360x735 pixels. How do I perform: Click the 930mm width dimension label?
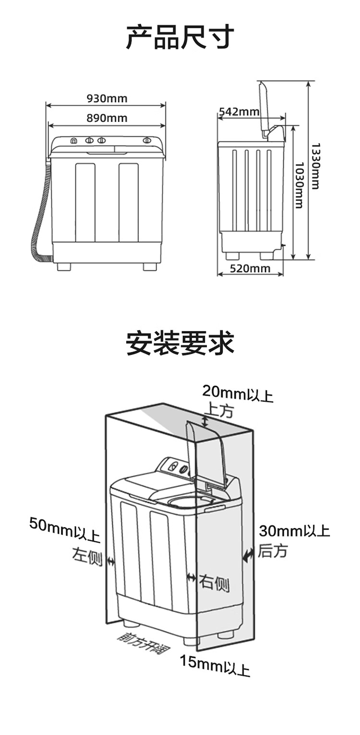pyautogui.click(x=107, y=98)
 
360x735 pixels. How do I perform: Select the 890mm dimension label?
pyautogui.click(x=107, y=118)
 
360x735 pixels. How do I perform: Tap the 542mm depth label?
pyautogui.click(x=239, y=111)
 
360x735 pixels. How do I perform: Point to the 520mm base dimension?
pyautogui.click(x=250, y=268)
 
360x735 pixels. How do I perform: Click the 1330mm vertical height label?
pyautogui.click(x=315, y=166)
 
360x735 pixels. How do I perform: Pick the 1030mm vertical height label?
pyautogui.click(x=299, y=185)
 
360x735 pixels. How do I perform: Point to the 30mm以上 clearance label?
pyautogui.click(x=294, y=531)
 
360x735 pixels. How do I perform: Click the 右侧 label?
pyautogui.click(x=214, y=583)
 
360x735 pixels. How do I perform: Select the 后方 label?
pyautogui.click(x=273, y=551)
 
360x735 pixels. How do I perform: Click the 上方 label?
pyautogui.click(x=218, y=410)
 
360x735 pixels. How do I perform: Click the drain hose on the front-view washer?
pyautogui.click(x=41, y=212)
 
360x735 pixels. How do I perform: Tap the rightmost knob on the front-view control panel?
pyautogui.click(x=147, y=141)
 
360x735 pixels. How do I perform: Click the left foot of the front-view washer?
pyautogui.click(x=64, y=267)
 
